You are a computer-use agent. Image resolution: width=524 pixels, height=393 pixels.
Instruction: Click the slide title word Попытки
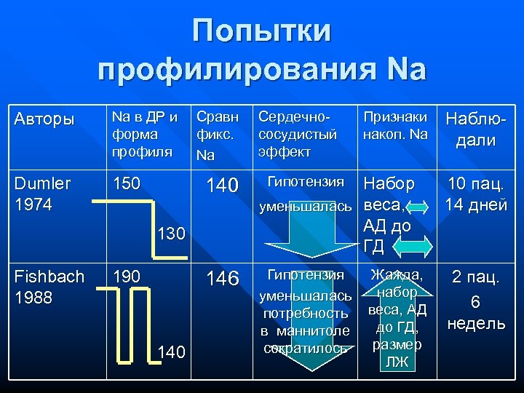tap(262, 31)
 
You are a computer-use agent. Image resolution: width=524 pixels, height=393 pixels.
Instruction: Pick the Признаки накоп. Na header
tap(394, 125)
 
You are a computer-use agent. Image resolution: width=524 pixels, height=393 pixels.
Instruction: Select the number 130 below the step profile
tap(172, 234)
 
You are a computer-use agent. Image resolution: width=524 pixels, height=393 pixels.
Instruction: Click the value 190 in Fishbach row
tap(125, 277)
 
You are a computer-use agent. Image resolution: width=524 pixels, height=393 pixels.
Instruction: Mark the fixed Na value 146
tap(222, 279)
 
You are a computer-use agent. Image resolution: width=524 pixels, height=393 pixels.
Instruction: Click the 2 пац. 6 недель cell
tap(476, 300)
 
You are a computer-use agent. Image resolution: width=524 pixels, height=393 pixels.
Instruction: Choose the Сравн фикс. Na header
tap(217, 135)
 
